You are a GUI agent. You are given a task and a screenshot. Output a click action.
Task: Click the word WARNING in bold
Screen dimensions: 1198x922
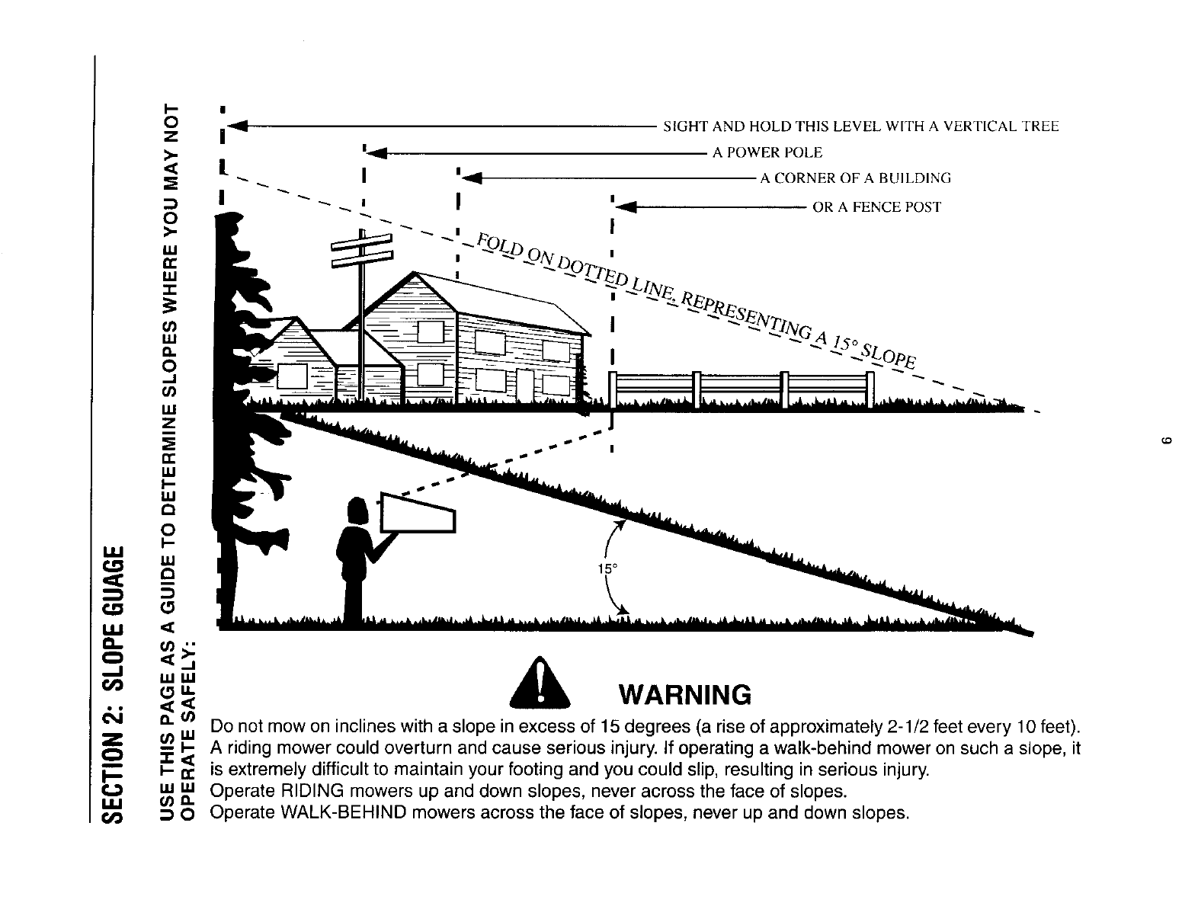tap(686, 695)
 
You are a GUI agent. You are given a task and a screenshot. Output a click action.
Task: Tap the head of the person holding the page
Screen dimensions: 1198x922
tap(357, 511)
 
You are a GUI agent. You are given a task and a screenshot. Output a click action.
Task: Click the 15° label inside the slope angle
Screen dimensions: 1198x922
tap(605, 569)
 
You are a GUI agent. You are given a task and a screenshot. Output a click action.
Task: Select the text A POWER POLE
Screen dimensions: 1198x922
tap(767, 152)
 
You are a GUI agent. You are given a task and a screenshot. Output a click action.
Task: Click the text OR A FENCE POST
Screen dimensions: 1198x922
tap(876, 207)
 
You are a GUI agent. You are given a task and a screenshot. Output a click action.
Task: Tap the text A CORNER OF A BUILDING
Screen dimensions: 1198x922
tap(855, 179)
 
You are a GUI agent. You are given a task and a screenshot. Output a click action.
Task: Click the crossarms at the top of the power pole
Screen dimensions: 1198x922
tap(362, 250)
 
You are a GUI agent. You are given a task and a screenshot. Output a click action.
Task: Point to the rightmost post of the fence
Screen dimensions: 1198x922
tap(870, 390)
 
